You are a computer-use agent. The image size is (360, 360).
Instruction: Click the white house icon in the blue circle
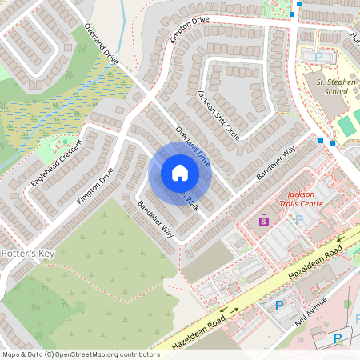tap(180, 173)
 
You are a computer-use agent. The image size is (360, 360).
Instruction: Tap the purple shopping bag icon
tap(263, 220)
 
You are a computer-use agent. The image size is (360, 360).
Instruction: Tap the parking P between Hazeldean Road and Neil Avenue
tap(279, 305)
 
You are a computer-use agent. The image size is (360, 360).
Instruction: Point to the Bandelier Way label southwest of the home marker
tap(154, 218)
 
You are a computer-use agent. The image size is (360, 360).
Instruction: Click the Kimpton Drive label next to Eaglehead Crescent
tap(95, 186)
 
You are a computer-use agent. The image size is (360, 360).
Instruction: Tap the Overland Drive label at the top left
tap(101, 44)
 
